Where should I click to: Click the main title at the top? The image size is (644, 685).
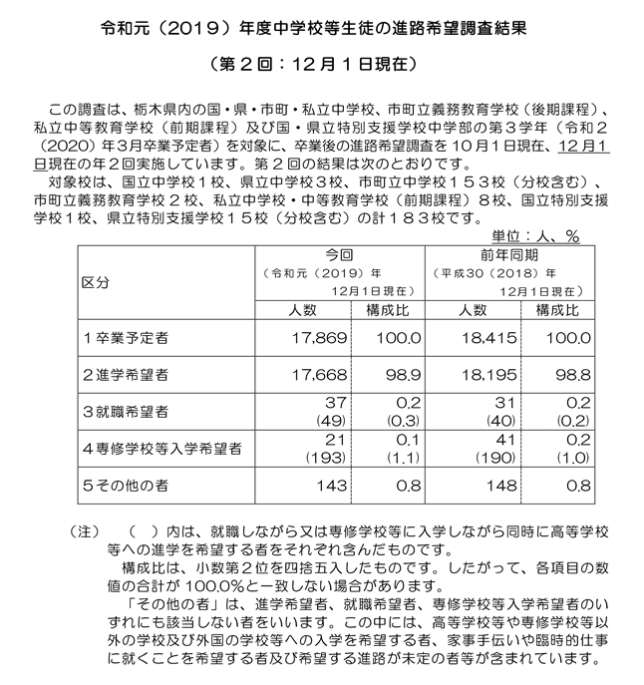click(322, 31)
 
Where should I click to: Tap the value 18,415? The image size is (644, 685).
click(486, 341)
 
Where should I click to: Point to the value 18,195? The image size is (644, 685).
click(486, 376)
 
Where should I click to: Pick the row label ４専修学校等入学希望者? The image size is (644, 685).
click(161, 449)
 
